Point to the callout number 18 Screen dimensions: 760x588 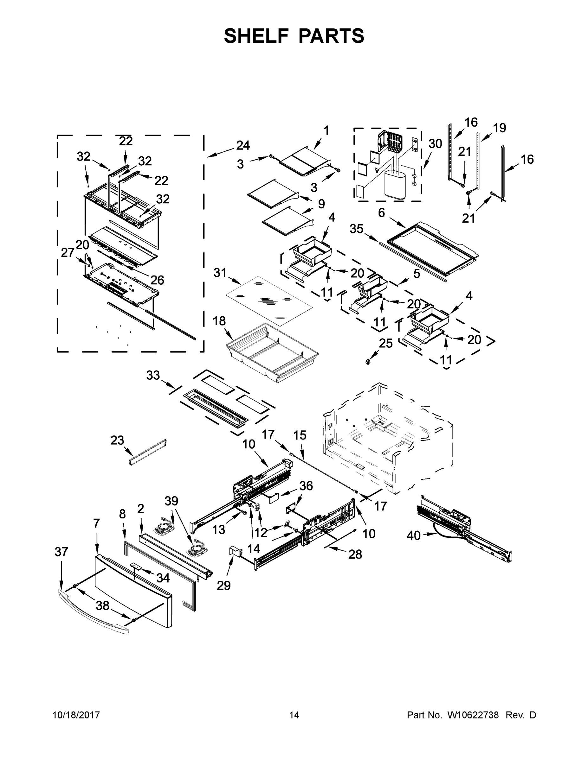[x=219, y=320]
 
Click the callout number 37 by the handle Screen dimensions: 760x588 [x=61, y=552]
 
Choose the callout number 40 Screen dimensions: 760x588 [x=413, y=535]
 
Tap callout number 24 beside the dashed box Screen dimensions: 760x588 [x=243, y=145]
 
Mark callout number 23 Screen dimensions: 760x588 [x=117, y=440]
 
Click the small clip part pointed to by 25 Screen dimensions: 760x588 [x=367, y=362]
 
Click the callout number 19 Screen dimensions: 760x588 [x=500, y=128]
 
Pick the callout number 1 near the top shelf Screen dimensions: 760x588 [x=326, y=130]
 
